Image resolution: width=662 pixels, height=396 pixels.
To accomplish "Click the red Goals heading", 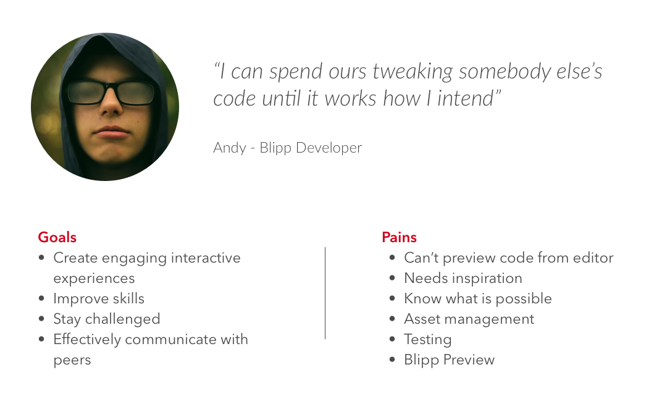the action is tap(57, 237).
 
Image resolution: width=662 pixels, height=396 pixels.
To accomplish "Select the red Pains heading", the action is tap(399, 237).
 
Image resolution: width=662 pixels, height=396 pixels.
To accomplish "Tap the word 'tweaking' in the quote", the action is tap(413, 72).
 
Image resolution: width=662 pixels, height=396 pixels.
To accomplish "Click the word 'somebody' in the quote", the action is tap(504, 72).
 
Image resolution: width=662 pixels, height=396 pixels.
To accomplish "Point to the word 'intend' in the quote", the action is tap(465, 99).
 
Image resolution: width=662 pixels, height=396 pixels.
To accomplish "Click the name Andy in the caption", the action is tap(229, 148).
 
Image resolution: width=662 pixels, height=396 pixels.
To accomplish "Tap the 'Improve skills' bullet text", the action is tap(99, 298).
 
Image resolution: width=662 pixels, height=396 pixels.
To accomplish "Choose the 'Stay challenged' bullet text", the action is tap(107, 319).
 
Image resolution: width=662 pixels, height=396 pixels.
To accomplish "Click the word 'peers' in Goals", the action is tap(72, 361).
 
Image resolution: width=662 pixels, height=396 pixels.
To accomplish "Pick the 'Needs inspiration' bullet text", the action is tap(463, 278).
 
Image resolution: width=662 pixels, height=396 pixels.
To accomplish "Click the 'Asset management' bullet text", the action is tap(469, 319).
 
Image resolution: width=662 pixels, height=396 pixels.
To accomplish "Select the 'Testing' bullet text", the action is tap(428, 340).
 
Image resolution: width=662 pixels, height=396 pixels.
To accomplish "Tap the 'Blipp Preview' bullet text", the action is tap(449, 360).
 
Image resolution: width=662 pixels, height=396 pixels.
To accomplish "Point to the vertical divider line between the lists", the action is tap(325, 293).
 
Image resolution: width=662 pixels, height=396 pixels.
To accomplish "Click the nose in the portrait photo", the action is tap(111, 103).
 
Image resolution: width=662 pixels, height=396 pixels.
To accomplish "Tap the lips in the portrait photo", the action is tap(111, 132).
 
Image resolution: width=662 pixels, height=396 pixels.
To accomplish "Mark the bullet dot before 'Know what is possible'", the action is tap(393, 298).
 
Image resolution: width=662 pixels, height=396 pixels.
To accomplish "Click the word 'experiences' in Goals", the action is tap(94, 279).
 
